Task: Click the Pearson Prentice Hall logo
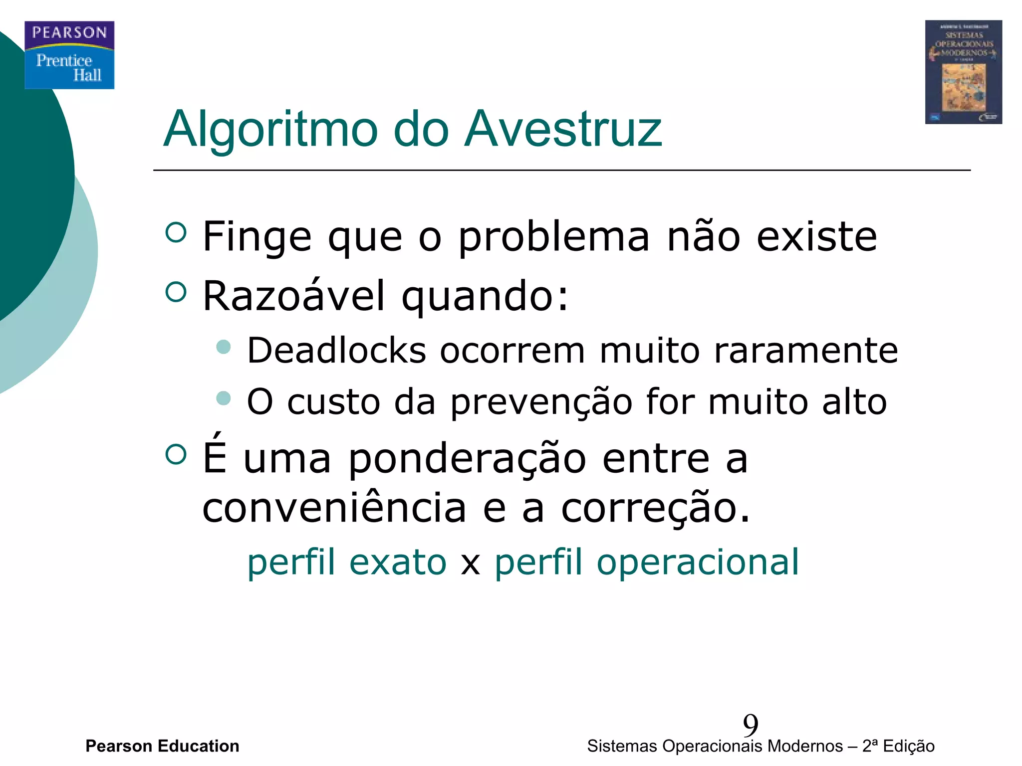point(69,55)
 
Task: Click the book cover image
point(963,72)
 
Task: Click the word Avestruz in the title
point(563,129)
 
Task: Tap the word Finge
point(257,237)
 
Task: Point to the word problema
point(554,237)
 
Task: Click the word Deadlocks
point(337,350)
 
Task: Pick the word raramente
point(806,350)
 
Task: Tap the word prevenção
point(541,402)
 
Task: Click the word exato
point(398,562)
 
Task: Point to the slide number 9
point(750,725)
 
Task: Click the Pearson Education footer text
point(162,746)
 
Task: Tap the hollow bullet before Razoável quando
point(176,292)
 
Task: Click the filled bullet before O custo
point(224,398)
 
